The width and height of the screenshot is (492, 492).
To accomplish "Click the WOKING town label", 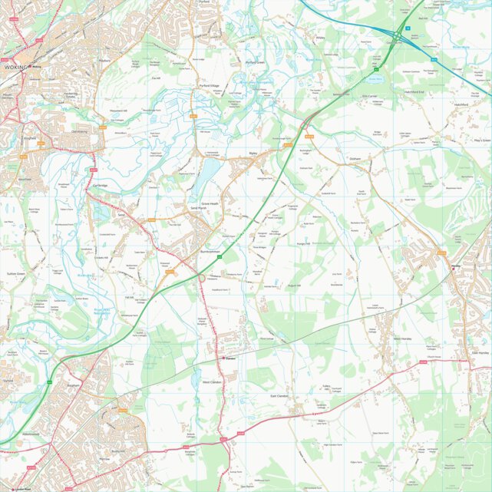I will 15,68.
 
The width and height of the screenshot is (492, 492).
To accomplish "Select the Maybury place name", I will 105,59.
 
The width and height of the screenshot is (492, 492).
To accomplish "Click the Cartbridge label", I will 101,185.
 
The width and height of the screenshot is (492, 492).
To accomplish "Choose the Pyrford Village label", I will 210,86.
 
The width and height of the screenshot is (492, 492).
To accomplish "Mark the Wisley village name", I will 321,37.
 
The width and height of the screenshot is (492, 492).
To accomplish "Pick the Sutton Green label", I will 16,273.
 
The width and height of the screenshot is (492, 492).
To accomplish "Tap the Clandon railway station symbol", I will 223,358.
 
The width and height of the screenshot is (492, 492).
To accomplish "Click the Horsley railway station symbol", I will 454,266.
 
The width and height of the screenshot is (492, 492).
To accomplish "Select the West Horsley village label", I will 404,338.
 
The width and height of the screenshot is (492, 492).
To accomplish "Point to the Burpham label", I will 74,385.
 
